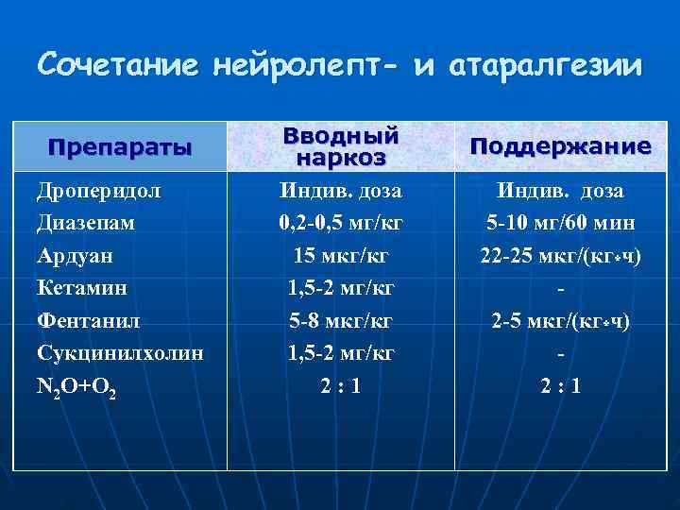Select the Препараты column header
(120, 147)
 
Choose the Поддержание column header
(560, 147)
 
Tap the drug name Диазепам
(85, 223)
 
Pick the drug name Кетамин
(81, 287)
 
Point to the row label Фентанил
(90, 320)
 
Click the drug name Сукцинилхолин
(120, 352)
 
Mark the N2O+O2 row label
(76, 386)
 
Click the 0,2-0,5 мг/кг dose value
(341, 223)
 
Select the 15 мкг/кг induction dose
(341, 255)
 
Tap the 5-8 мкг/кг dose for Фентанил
(341, 320)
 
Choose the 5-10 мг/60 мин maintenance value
(561, 223)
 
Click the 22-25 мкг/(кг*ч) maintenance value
(561, 255)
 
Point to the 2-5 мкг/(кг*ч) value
(561, 320)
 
